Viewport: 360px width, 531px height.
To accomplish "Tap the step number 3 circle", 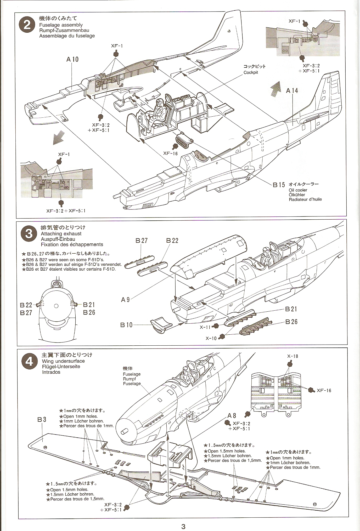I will (x=29, y=233).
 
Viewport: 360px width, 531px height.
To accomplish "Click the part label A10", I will (x=72, y=60).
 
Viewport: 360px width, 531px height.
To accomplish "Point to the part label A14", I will (x=292, y=91).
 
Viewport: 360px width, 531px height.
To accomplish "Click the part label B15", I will (x=279, y=185).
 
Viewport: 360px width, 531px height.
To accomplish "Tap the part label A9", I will (x=125, y=300).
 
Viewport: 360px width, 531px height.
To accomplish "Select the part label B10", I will (x=126, y=325).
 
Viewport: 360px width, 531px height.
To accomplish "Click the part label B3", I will (x=42, y=419).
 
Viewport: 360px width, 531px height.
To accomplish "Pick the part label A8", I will (x=232, y=416).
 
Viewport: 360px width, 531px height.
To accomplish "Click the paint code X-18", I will (x=292, y=356).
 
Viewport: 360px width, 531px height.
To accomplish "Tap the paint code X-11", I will (x=206, y=327).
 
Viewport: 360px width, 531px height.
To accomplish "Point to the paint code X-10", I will (x=211, y=338).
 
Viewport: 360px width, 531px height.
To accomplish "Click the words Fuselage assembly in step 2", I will (x=61, y=25).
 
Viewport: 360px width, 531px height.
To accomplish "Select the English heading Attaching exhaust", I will (x=61, y=233).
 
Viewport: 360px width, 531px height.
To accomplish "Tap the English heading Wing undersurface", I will (x=63, y=361).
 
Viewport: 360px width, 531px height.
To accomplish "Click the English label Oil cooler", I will (x=298, y=190).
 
